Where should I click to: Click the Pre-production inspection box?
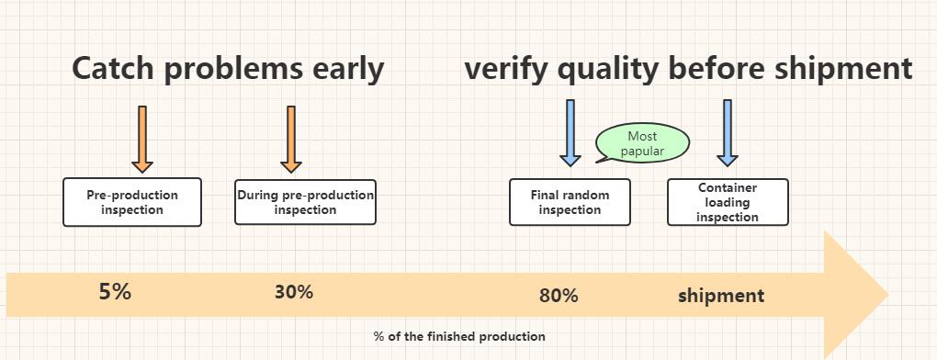132,202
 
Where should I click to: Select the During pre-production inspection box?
305,202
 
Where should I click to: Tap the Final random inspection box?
570,202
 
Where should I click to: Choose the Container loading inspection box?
728,202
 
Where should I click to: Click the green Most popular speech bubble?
642,143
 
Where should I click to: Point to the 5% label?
115,293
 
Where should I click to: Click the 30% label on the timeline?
294,293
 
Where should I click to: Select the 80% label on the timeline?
559,296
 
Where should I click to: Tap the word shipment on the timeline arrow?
721,296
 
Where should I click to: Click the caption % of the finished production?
459,336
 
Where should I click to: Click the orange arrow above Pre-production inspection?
141,139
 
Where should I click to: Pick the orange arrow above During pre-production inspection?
291,139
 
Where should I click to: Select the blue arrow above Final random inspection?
570,133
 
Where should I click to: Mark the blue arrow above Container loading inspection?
728,133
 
